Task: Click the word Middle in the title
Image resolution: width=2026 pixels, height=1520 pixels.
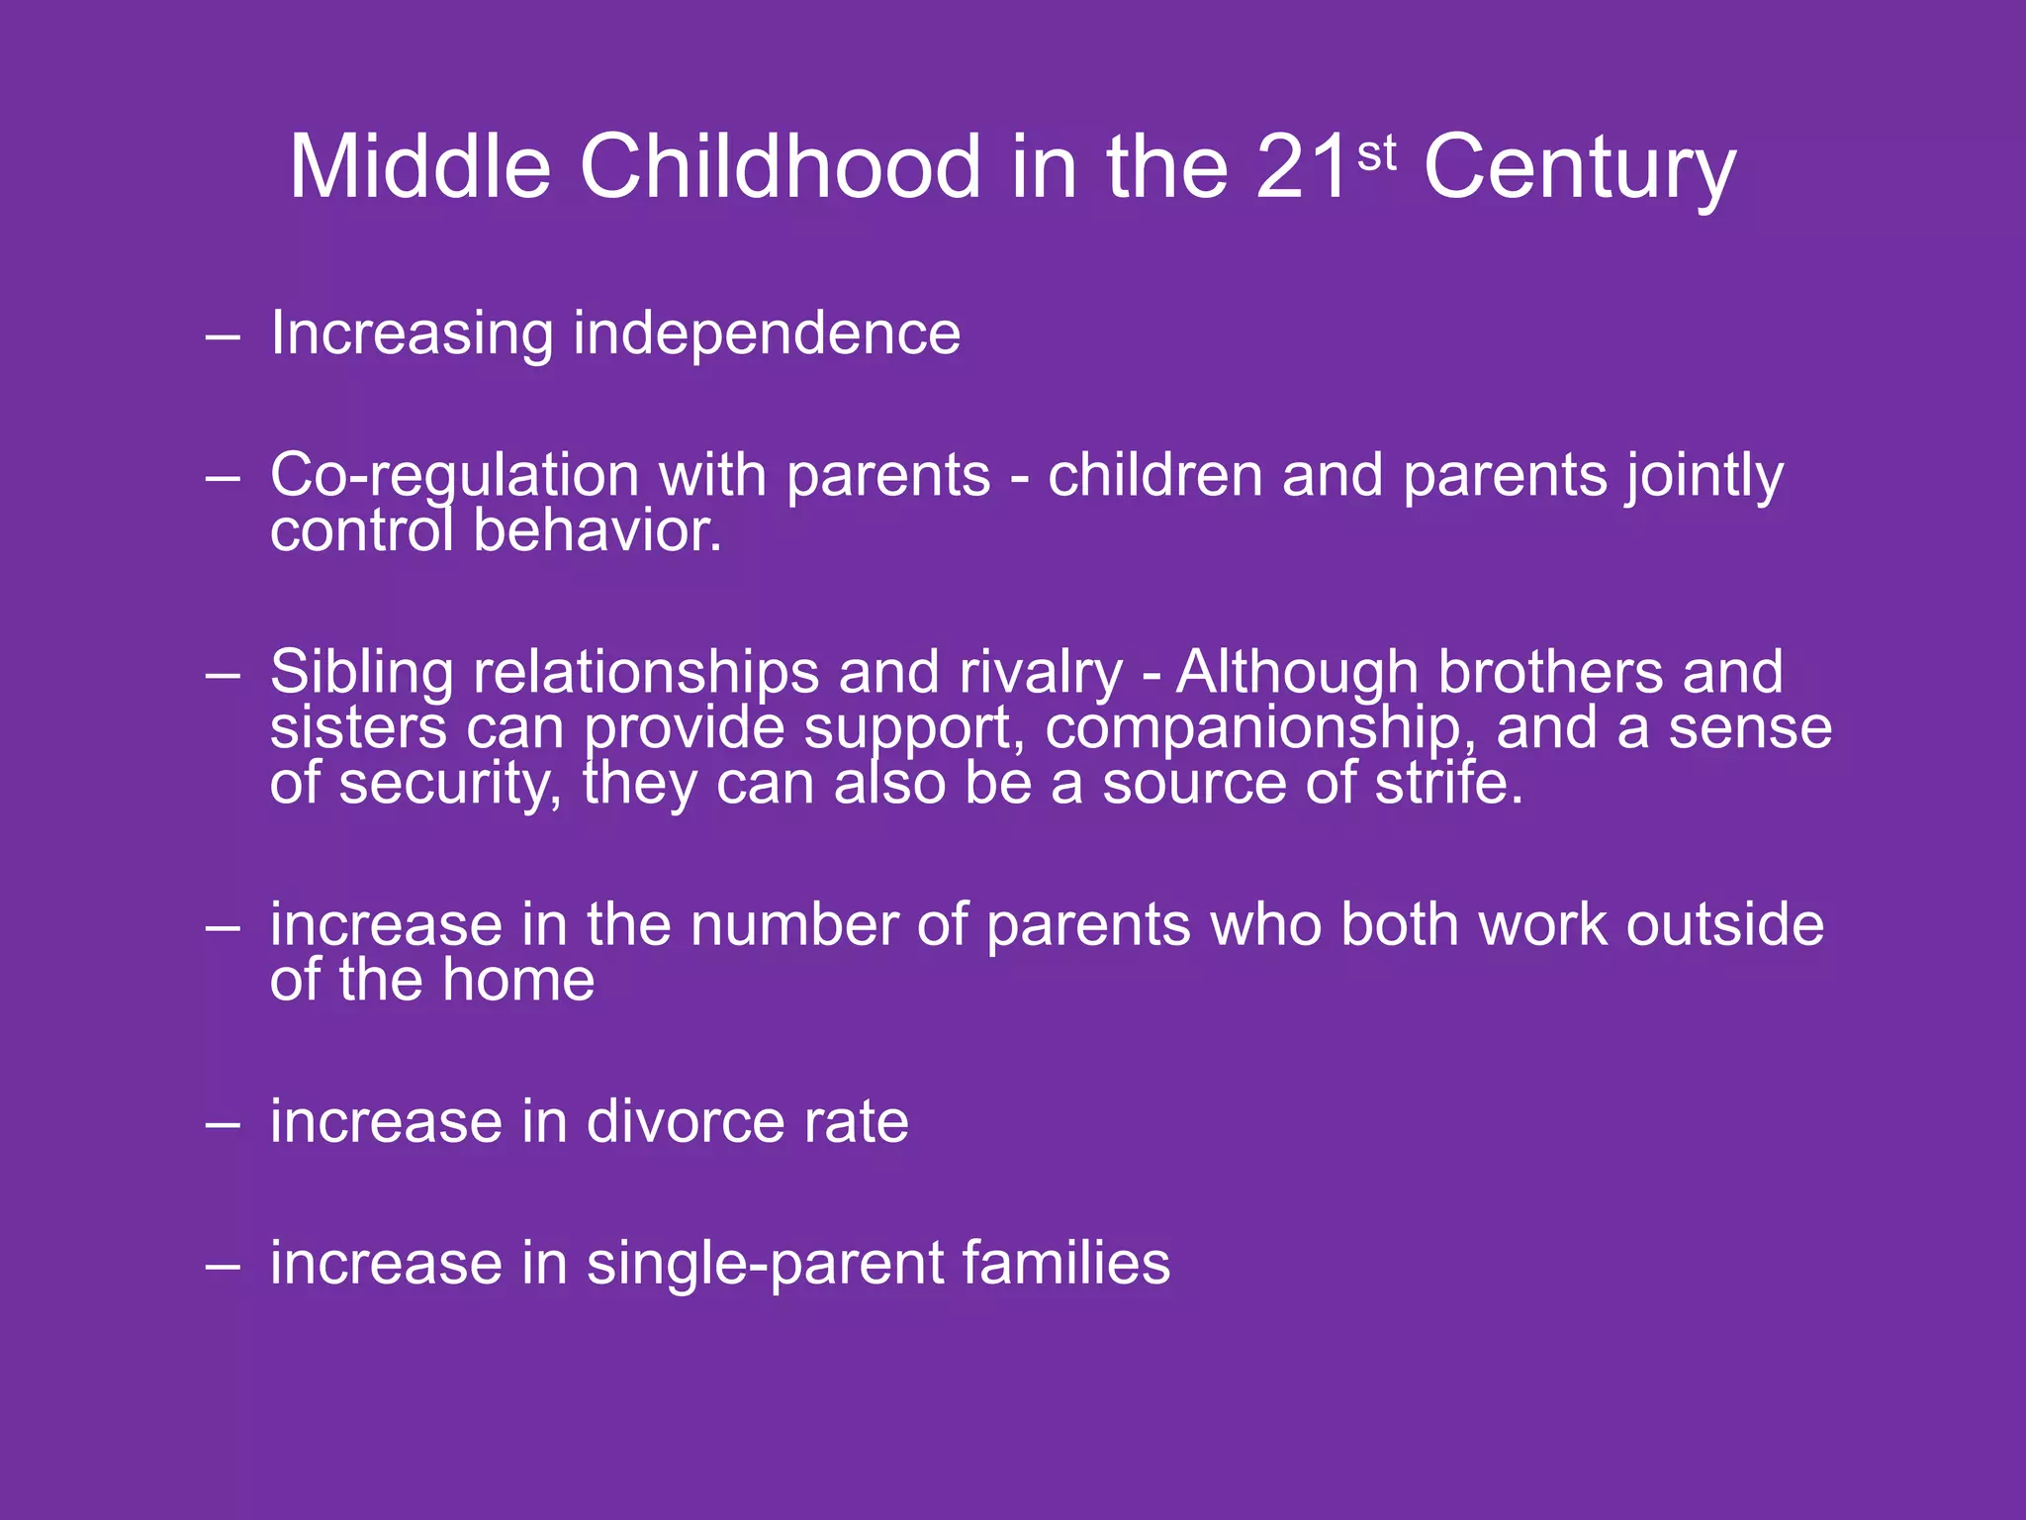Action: [419, 167]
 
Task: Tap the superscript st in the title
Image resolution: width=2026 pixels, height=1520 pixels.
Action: [1377, 153]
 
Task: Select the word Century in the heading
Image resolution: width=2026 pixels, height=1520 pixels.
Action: [1580, 170]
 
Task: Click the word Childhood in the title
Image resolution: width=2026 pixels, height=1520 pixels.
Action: [783, 167]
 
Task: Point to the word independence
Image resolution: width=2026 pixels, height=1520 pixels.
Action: [767, 333]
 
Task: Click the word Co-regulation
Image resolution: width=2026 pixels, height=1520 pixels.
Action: [455, 477]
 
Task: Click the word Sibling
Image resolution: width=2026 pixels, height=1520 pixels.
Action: [361, 673]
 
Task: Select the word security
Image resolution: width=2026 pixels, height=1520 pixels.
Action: [450, 786]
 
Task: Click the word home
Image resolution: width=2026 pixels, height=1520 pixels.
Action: [518, 981]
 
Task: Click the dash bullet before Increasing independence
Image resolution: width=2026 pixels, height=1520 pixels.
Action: [224, 337]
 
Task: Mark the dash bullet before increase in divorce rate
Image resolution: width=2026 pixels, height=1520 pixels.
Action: [224, 1126]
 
